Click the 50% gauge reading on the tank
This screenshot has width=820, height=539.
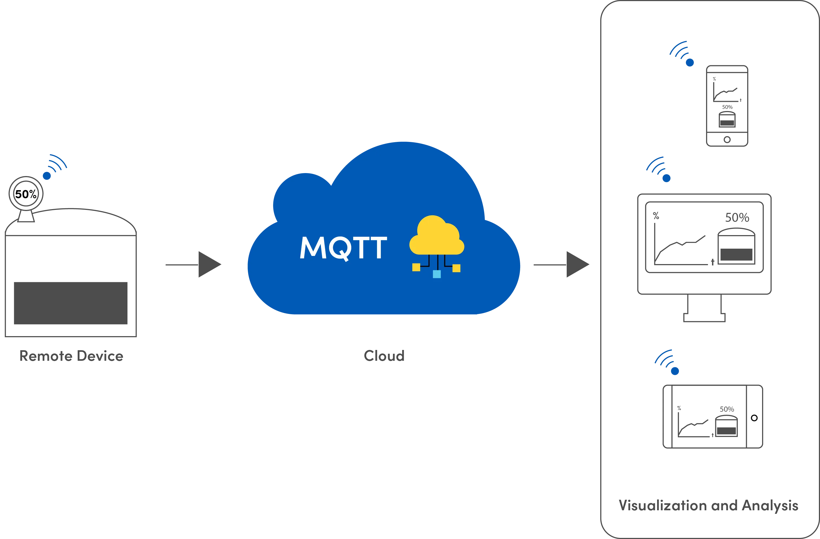click(x=26, y=194)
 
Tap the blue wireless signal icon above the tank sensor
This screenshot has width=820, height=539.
click(x=55, y=167)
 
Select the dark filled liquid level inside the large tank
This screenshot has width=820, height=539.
click(x=70, y=303)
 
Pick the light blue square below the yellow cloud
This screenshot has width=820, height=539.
click(x=437, y=274)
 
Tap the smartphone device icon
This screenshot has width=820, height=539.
click(x=727, y=106)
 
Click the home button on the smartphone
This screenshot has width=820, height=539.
click(x=727, y=140)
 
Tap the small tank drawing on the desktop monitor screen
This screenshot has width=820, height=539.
click(x=736, y=248)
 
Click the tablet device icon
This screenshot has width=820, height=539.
click(x=713, y=416)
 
